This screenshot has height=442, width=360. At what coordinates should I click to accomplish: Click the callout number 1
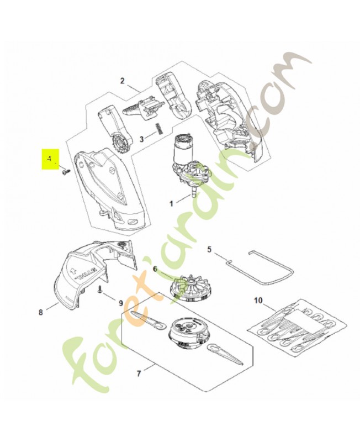click(x=171, y=203)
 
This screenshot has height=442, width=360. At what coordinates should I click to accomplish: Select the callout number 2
click(x=122, y=81)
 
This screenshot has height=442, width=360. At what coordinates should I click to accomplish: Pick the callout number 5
click(x=209, y=249)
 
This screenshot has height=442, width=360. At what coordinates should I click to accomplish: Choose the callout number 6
click(x=155, y=269)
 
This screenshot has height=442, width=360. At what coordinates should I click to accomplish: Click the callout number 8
click(x=40, y=312)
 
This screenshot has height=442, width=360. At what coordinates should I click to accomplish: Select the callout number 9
click(x=121, y=303)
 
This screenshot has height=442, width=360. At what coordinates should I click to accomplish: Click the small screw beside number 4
click(x=65, y=172)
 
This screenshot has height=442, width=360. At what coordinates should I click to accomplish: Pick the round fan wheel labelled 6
click(x=190, y=287)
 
